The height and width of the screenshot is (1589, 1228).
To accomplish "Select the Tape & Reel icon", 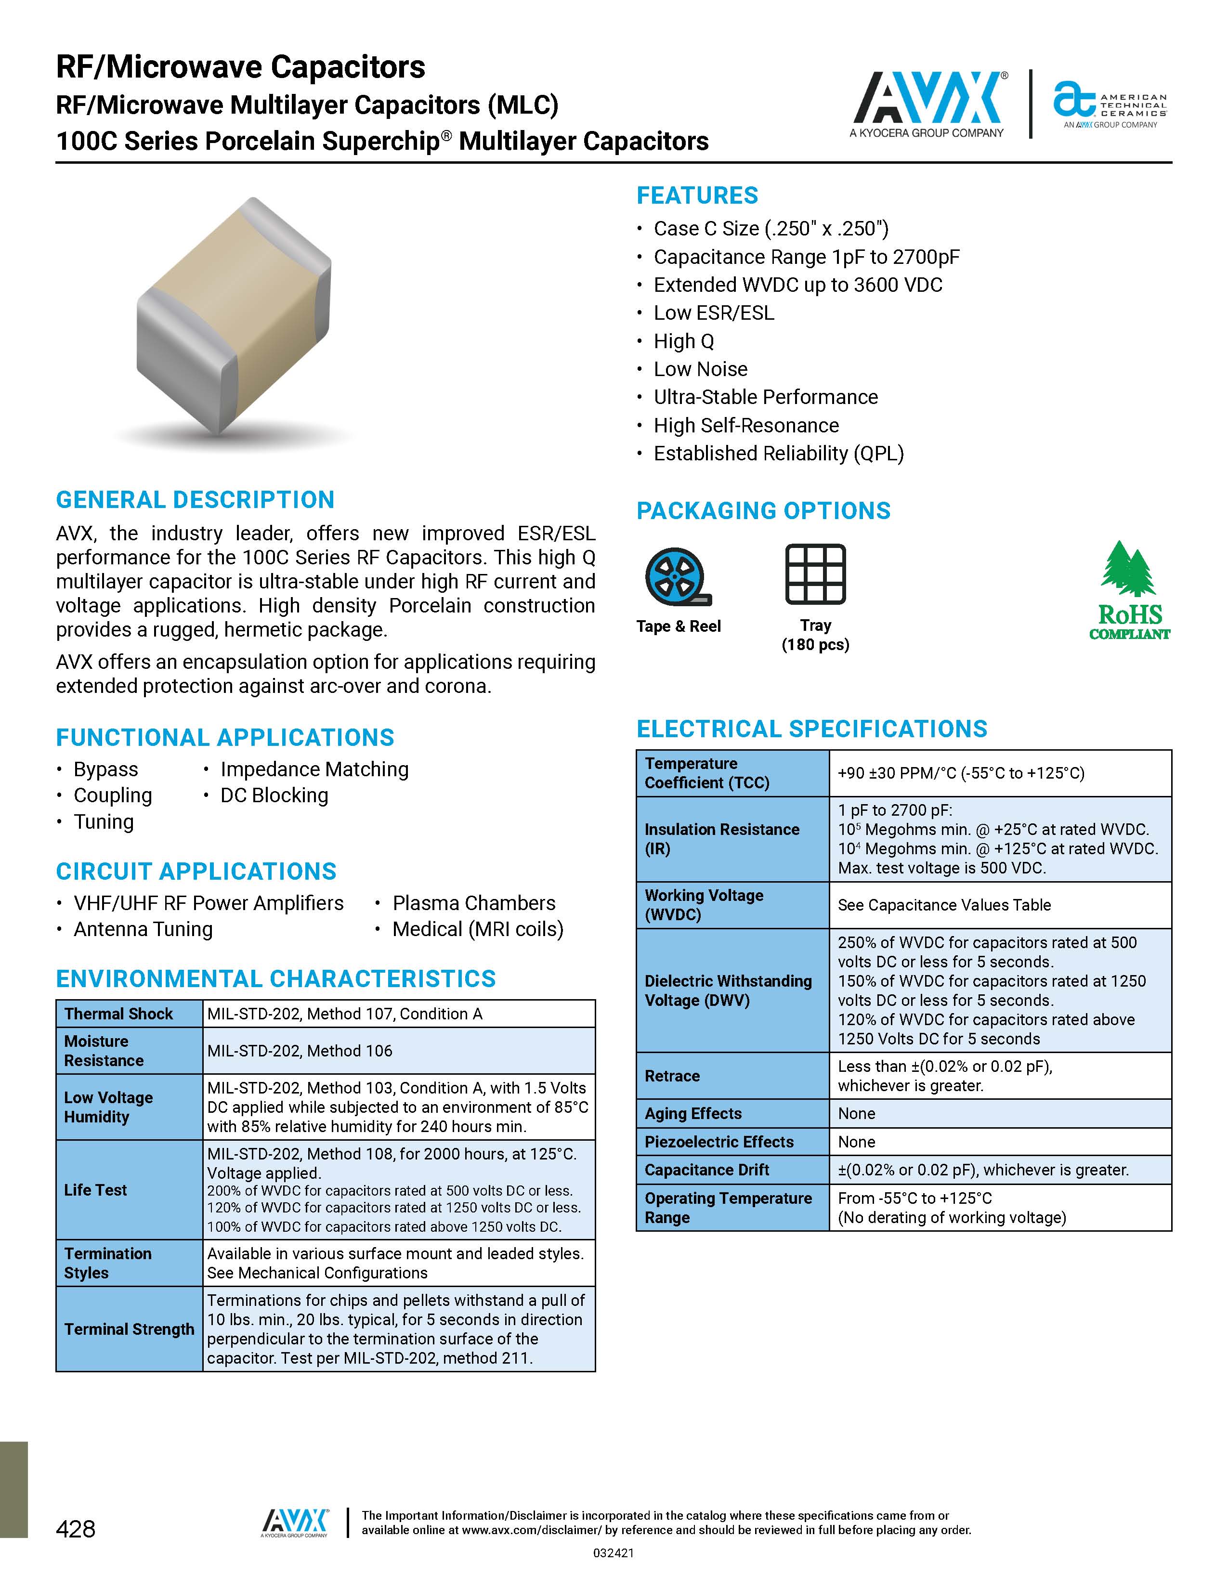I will [x=677, y=577].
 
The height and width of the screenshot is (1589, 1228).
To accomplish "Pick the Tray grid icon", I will [x=815, y=574].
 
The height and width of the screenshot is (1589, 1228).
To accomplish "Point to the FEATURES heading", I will [x=697, y=195].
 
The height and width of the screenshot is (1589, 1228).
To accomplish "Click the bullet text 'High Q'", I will [x=684, y=341].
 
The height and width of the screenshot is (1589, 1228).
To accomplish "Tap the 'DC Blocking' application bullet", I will [x=274, y=796].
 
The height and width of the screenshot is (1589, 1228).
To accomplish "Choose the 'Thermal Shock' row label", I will [x=118, y=1014].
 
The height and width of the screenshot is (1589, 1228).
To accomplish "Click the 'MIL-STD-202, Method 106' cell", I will [x=300, y=1051].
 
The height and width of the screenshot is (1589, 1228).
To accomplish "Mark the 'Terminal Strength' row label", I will [x=129, y=1329].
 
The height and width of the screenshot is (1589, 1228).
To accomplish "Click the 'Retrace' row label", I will [x=672, y=1076].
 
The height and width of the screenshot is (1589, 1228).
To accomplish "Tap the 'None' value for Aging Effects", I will [x=856, y=1114].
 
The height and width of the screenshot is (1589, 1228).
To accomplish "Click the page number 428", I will [x=76, y=1529].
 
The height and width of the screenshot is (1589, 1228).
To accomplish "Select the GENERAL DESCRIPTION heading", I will [x=195, y=500].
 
